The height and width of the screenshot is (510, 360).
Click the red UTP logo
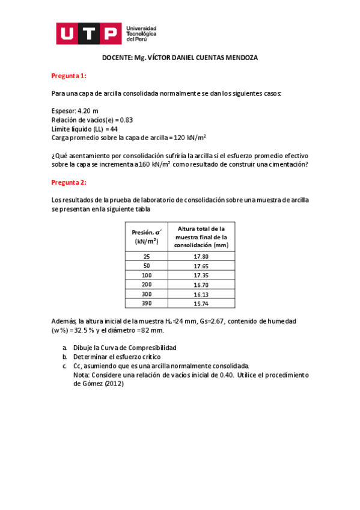90,34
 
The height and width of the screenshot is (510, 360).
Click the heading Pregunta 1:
69,76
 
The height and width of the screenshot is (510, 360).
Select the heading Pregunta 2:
69,182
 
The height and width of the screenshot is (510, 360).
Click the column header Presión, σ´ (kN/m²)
147,236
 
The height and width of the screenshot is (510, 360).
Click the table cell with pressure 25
147,256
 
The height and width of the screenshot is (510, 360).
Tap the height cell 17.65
201,266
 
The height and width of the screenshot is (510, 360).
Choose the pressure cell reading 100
147,275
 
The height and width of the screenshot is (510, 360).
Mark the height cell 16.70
201,284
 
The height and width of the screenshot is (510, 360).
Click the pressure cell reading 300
147,294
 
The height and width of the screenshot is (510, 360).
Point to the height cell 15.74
201,304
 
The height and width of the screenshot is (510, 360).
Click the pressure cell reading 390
147,304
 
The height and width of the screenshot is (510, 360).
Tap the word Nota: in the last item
81,375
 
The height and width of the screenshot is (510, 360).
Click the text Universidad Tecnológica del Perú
142,33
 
